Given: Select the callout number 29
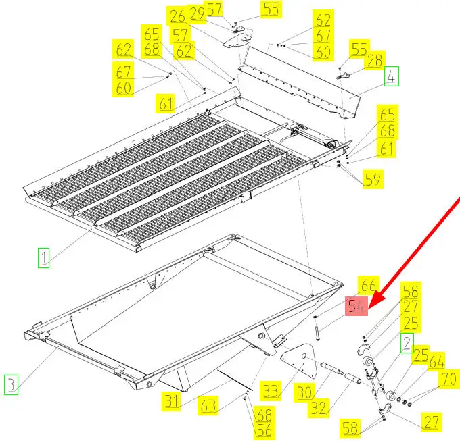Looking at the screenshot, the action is point(197,13).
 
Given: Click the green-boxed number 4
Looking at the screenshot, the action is point(392,76).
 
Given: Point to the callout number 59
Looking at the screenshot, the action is point(373,179).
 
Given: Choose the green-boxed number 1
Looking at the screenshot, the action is point(43,258).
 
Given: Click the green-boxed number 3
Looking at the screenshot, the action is point(11,384).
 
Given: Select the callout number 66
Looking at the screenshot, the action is point(369,285).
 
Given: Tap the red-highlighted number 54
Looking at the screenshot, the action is point(356,307).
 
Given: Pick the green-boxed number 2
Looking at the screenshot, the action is point(407,343).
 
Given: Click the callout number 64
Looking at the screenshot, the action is point(436,361).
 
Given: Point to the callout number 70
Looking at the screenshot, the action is point(449,379).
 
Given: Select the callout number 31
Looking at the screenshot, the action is point(171,401).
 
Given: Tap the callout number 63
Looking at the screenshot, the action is point(208,405).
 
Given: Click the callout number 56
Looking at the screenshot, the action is point(264,430).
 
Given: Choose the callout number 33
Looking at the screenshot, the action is point(271,390).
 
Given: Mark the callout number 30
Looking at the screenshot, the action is point(304,392).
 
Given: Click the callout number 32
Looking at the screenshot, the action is point(319,408).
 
